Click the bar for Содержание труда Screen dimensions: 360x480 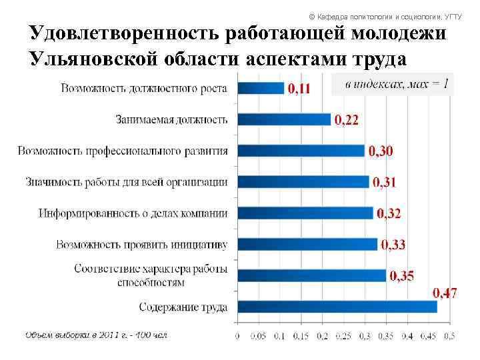(337, 307)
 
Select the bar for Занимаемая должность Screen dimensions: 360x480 (284, 119)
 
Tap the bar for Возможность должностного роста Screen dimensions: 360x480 (261, 88)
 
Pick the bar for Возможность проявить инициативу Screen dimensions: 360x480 (307, 244)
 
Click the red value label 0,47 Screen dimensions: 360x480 (445, 293)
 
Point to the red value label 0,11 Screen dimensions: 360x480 (299, 89)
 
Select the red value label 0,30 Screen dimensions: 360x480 (381, 151)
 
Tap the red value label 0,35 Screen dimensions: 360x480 (402, 276)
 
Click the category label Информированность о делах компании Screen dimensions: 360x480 (133, 213)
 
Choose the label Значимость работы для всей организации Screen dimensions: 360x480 (127, 182)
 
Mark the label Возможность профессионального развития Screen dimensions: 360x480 (123, 151)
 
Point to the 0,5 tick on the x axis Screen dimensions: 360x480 (449, 336)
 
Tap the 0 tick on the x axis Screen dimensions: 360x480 (238, 336)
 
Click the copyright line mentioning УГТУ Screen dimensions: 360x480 (384, 16)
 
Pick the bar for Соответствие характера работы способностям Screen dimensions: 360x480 (311, 275)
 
